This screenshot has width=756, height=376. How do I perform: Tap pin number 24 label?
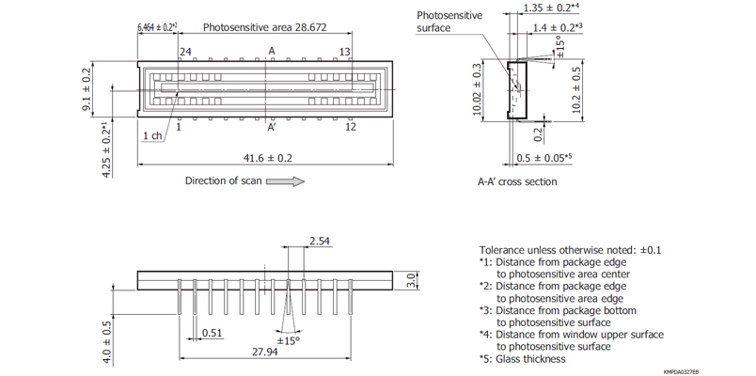click(x=185, y=52)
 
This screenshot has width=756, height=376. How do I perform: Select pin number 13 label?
click(x=345, y=52)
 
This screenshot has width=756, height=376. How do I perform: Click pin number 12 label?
click(x=351, y=126)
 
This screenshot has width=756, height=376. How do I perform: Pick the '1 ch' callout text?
click(x=152, y=136)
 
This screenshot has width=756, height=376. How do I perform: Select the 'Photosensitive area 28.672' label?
click(x=264, y=28)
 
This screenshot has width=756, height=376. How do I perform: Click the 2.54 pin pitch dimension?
click(x=319, y=242)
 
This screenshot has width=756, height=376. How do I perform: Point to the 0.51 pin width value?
click(x=212, y=332)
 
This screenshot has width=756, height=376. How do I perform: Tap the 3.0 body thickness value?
click(x=411, y=280)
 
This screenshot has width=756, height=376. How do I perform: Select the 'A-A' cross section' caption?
click(x=516, y=181)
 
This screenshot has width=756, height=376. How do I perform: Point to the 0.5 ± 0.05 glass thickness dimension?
click(x=544, y=157)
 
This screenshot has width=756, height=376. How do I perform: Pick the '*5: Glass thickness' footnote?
click(x=524, y=358)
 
